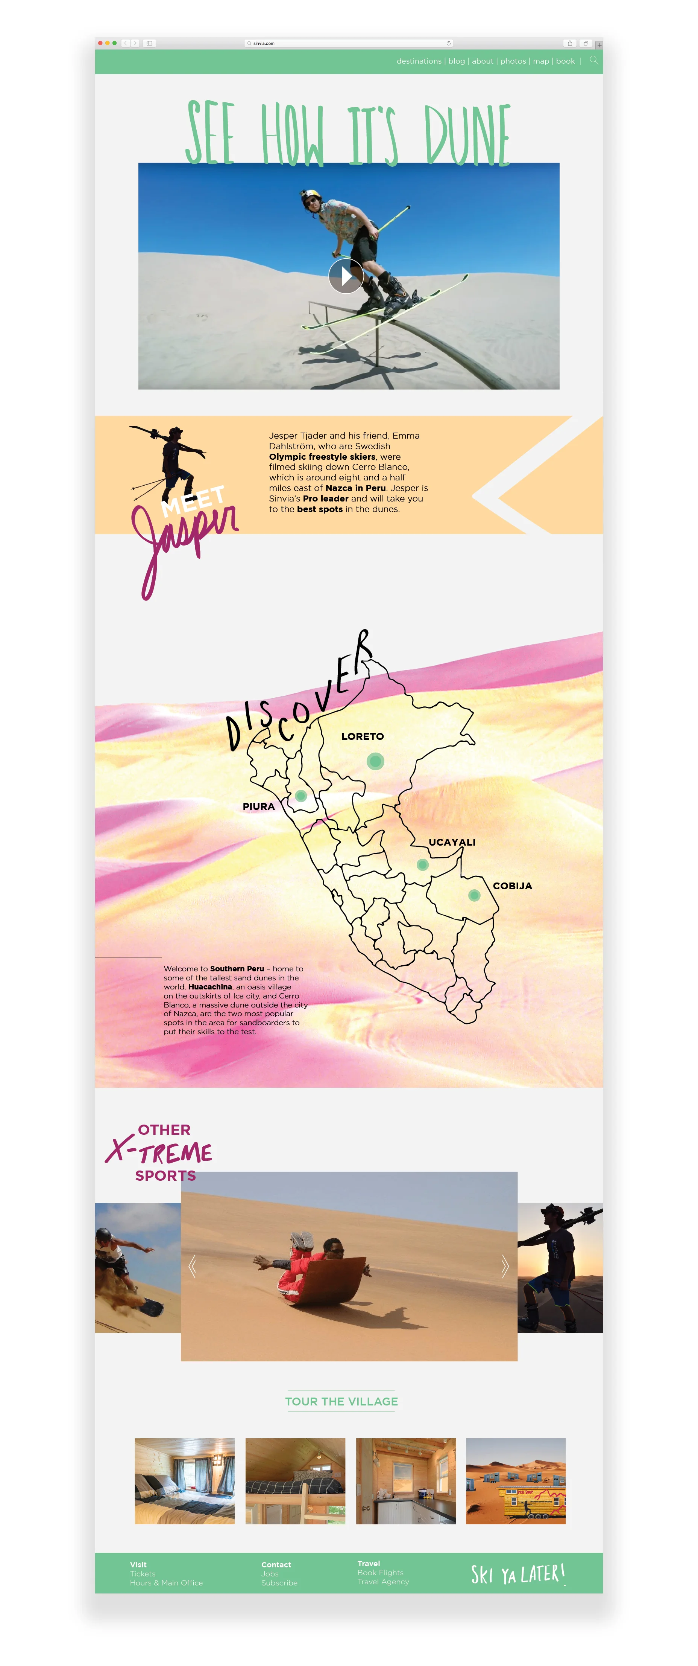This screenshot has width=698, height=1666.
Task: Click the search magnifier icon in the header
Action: (593, 60)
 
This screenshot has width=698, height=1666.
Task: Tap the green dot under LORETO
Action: (375, 761)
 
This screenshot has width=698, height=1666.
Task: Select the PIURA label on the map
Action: (258, 806)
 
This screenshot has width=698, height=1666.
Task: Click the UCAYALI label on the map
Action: (452, 842)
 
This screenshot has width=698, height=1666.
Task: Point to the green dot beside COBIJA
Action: (474, 896)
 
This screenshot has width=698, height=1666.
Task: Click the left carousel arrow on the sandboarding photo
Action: (192, 1266)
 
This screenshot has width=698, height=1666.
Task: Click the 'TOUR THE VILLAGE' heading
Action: (341, 1401)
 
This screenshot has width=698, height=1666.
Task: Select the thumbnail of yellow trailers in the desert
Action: (516, 1481)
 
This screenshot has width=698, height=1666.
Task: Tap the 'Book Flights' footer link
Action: (380, 1573)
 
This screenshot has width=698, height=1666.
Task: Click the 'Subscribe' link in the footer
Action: (279, 1583)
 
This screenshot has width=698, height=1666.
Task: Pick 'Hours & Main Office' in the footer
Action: (166, 1583)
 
